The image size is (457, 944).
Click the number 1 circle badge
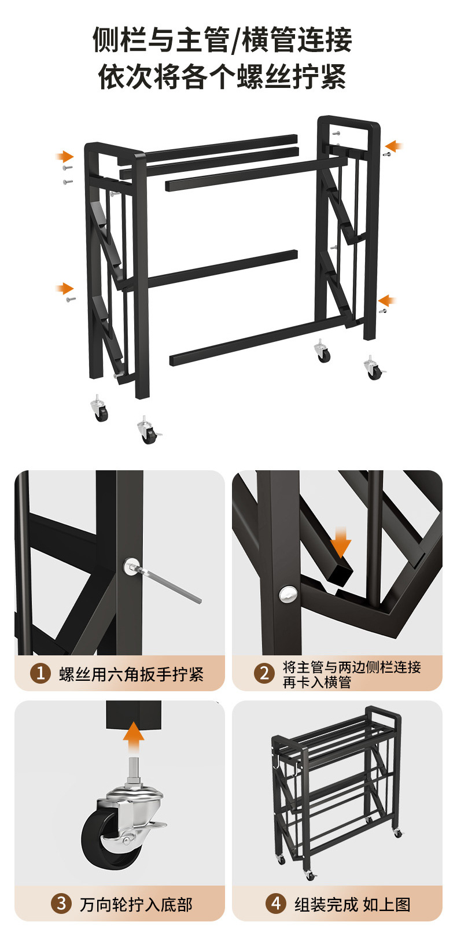[x=40, y=673]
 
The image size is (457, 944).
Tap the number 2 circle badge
[x=264, y=673]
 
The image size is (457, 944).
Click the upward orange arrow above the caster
[x=134, y=737]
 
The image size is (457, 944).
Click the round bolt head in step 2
[x=288, y=594]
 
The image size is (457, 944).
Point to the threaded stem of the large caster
[x=133, y=769]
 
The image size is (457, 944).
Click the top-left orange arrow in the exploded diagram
[x=65, y=156]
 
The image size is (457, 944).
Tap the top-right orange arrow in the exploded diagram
[x=394, y=146]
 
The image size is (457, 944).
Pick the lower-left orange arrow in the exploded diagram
[x=65, y=289]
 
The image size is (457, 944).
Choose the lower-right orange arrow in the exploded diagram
[x=386, y=300]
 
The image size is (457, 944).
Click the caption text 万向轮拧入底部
[x=136, y=904]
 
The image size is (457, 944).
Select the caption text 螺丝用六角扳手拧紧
[x=131, y=674]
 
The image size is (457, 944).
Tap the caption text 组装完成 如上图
[x=352, y=904]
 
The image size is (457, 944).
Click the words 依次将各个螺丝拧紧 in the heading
[x=222, y=76]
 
